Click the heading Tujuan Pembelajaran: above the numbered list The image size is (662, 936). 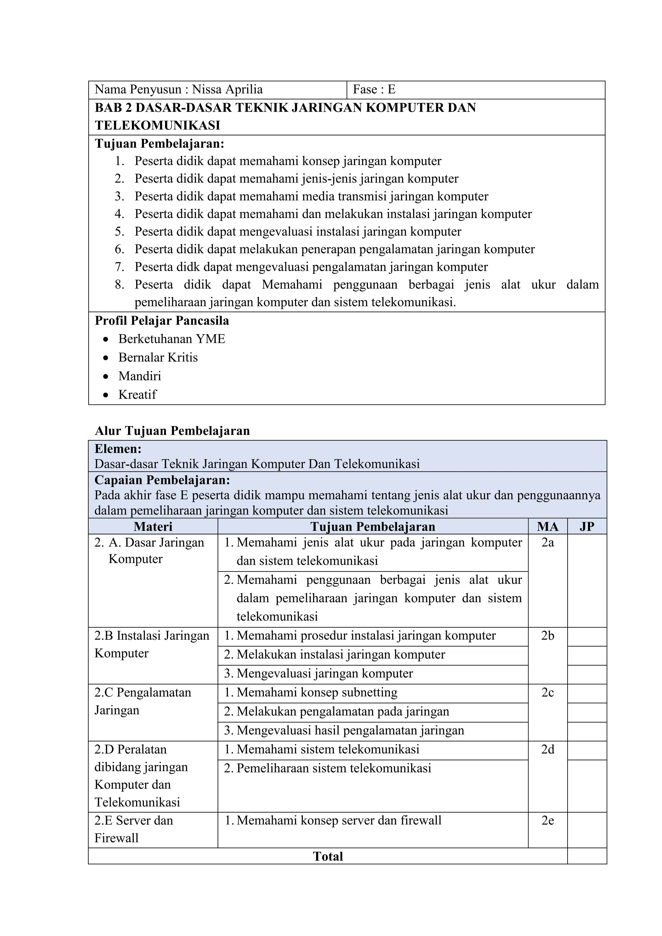pyautogui.click(x=159, y=143)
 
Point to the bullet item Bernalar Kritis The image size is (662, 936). pyautogui.click(x=158, y=358)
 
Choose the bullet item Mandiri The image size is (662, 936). pyautogui.click(x=140, y=376)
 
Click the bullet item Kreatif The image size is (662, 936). pyautogui.click(x=137, y=394)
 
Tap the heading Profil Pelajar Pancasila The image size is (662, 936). pyautogui.click(x=162, y=321)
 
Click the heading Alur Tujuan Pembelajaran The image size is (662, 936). pyautogui.click(x=172, y=431)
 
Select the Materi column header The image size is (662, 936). pyautogui.click(x=153, y=527)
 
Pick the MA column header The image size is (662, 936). pyautogui.click(x=547, y=527)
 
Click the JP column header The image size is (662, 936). pyautogui.click(x=587, y=527)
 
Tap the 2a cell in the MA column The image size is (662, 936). pyautogui.click(x=547, y=542)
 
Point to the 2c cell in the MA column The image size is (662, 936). pyautogui.click(x=547, y=693)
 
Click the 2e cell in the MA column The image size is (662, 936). pyautogui.click(x=547, y=821)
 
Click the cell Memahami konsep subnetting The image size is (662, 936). pyautogui.click(x=316, y=693)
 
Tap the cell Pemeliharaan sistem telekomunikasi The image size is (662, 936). pyautogui.click(x=334, y=768)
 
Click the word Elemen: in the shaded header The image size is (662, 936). pyautogui.click(x=118, y=449)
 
